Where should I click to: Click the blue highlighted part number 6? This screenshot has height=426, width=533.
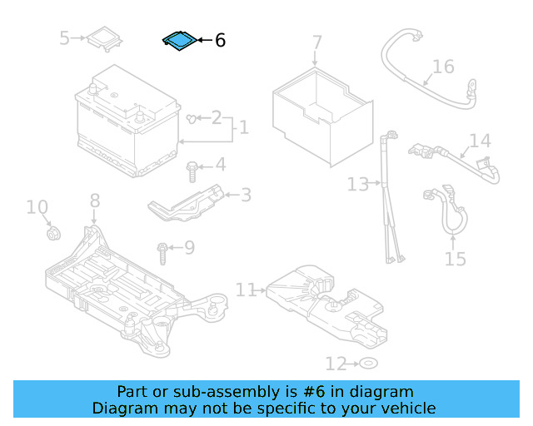click(x=179, y=41)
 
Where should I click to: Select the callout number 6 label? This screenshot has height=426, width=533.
click(x=220, y=40)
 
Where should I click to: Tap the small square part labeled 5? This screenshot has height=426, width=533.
click(x=105, y=38)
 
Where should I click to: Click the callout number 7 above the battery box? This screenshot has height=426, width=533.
click(x=316, y=42)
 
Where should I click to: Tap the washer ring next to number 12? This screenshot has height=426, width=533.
click(x=367, y=364)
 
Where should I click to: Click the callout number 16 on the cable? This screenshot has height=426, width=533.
click(x=443, y=67)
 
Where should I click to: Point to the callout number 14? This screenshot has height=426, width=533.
click(x=480, y=141)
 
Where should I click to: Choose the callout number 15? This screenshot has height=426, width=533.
click(x=455, y=259)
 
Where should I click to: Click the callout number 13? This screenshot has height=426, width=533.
click(x=357, y=184)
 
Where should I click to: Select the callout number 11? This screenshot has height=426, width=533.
click(x=245, y=290)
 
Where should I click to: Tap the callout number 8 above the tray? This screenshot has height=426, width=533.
click(x=95, y=201)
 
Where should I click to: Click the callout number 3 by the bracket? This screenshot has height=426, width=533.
click(x=246, y=196)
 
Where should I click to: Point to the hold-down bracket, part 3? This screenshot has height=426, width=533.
click(x=188, y=203)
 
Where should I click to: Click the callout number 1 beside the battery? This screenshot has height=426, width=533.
click(x=242, y=128)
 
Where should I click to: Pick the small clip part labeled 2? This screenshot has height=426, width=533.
click(x=193, y=119)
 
